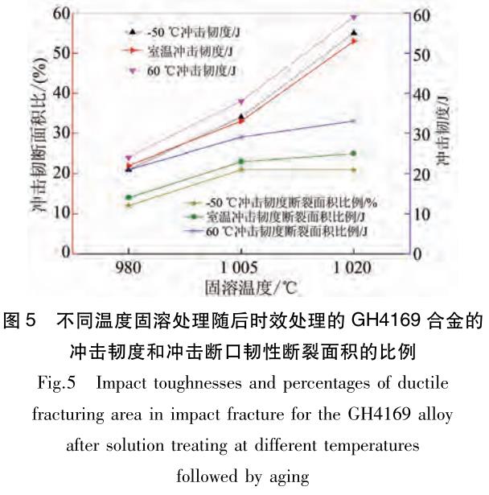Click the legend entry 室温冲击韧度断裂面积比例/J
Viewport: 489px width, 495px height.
[277, 217]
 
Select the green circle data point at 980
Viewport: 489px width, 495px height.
[129, 197]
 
